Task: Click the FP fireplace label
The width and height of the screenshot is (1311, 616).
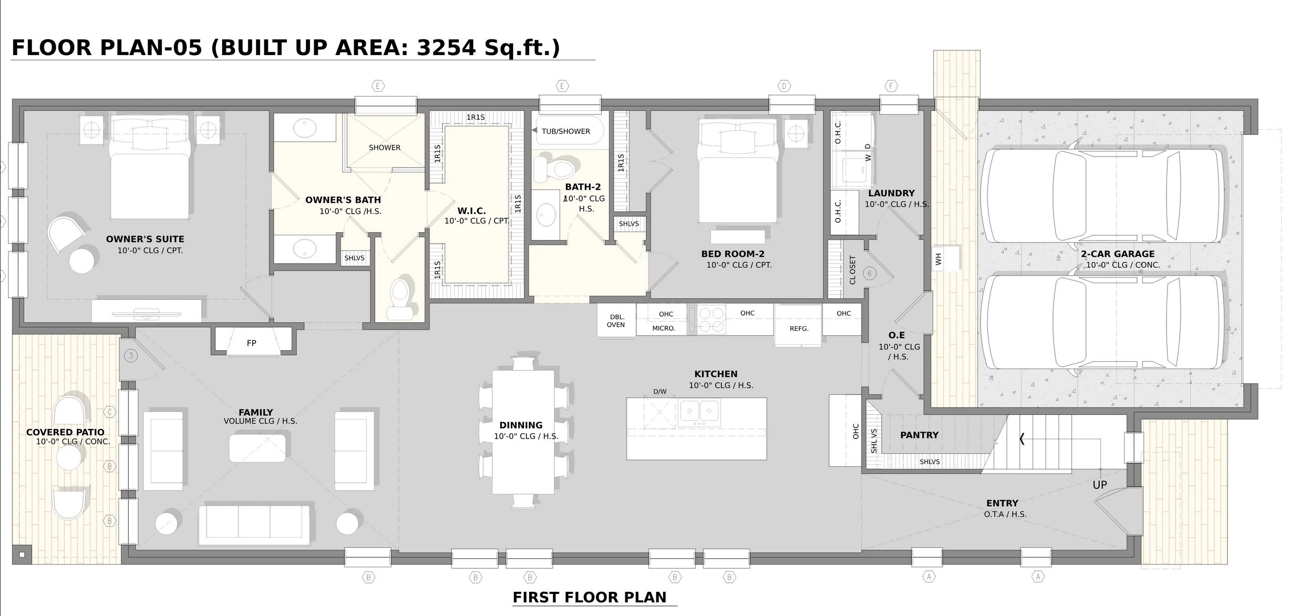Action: (251, 343)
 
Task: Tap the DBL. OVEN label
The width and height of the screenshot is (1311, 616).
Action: (616, 321)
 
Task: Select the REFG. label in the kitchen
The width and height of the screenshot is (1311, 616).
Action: (799, 329)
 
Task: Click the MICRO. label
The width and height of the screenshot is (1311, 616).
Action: (664, 329)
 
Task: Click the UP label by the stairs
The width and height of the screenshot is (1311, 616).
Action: (1099, 485)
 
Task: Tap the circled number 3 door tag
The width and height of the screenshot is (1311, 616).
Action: (131, 356)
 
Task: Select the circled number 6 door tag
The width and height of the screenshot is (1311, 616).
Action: (870, 274)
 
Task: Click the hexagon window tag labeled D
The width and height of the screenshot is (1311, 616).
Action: (784, 86)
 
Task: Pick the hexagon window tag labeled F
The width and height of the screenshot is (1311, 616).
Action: (891, 86)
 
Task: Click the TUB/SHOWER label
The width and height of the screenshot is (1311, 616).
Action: (565, 131)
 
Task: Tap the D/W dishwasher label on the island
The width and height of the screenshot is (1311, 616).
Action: (659, 392)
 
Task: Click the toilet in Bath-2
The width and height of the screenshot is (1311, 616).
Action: (554, 167)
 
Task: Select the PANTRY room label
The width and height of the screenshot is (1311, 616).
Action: (919, 435)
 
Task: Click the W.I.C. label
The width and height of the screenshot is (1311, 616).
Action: (471, 211)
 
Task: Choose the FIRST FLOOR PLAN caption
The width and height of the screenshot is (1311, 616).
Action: (590, 598)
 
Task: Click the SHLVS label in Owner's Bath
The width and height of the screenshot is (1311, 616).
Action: (354, 258)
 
